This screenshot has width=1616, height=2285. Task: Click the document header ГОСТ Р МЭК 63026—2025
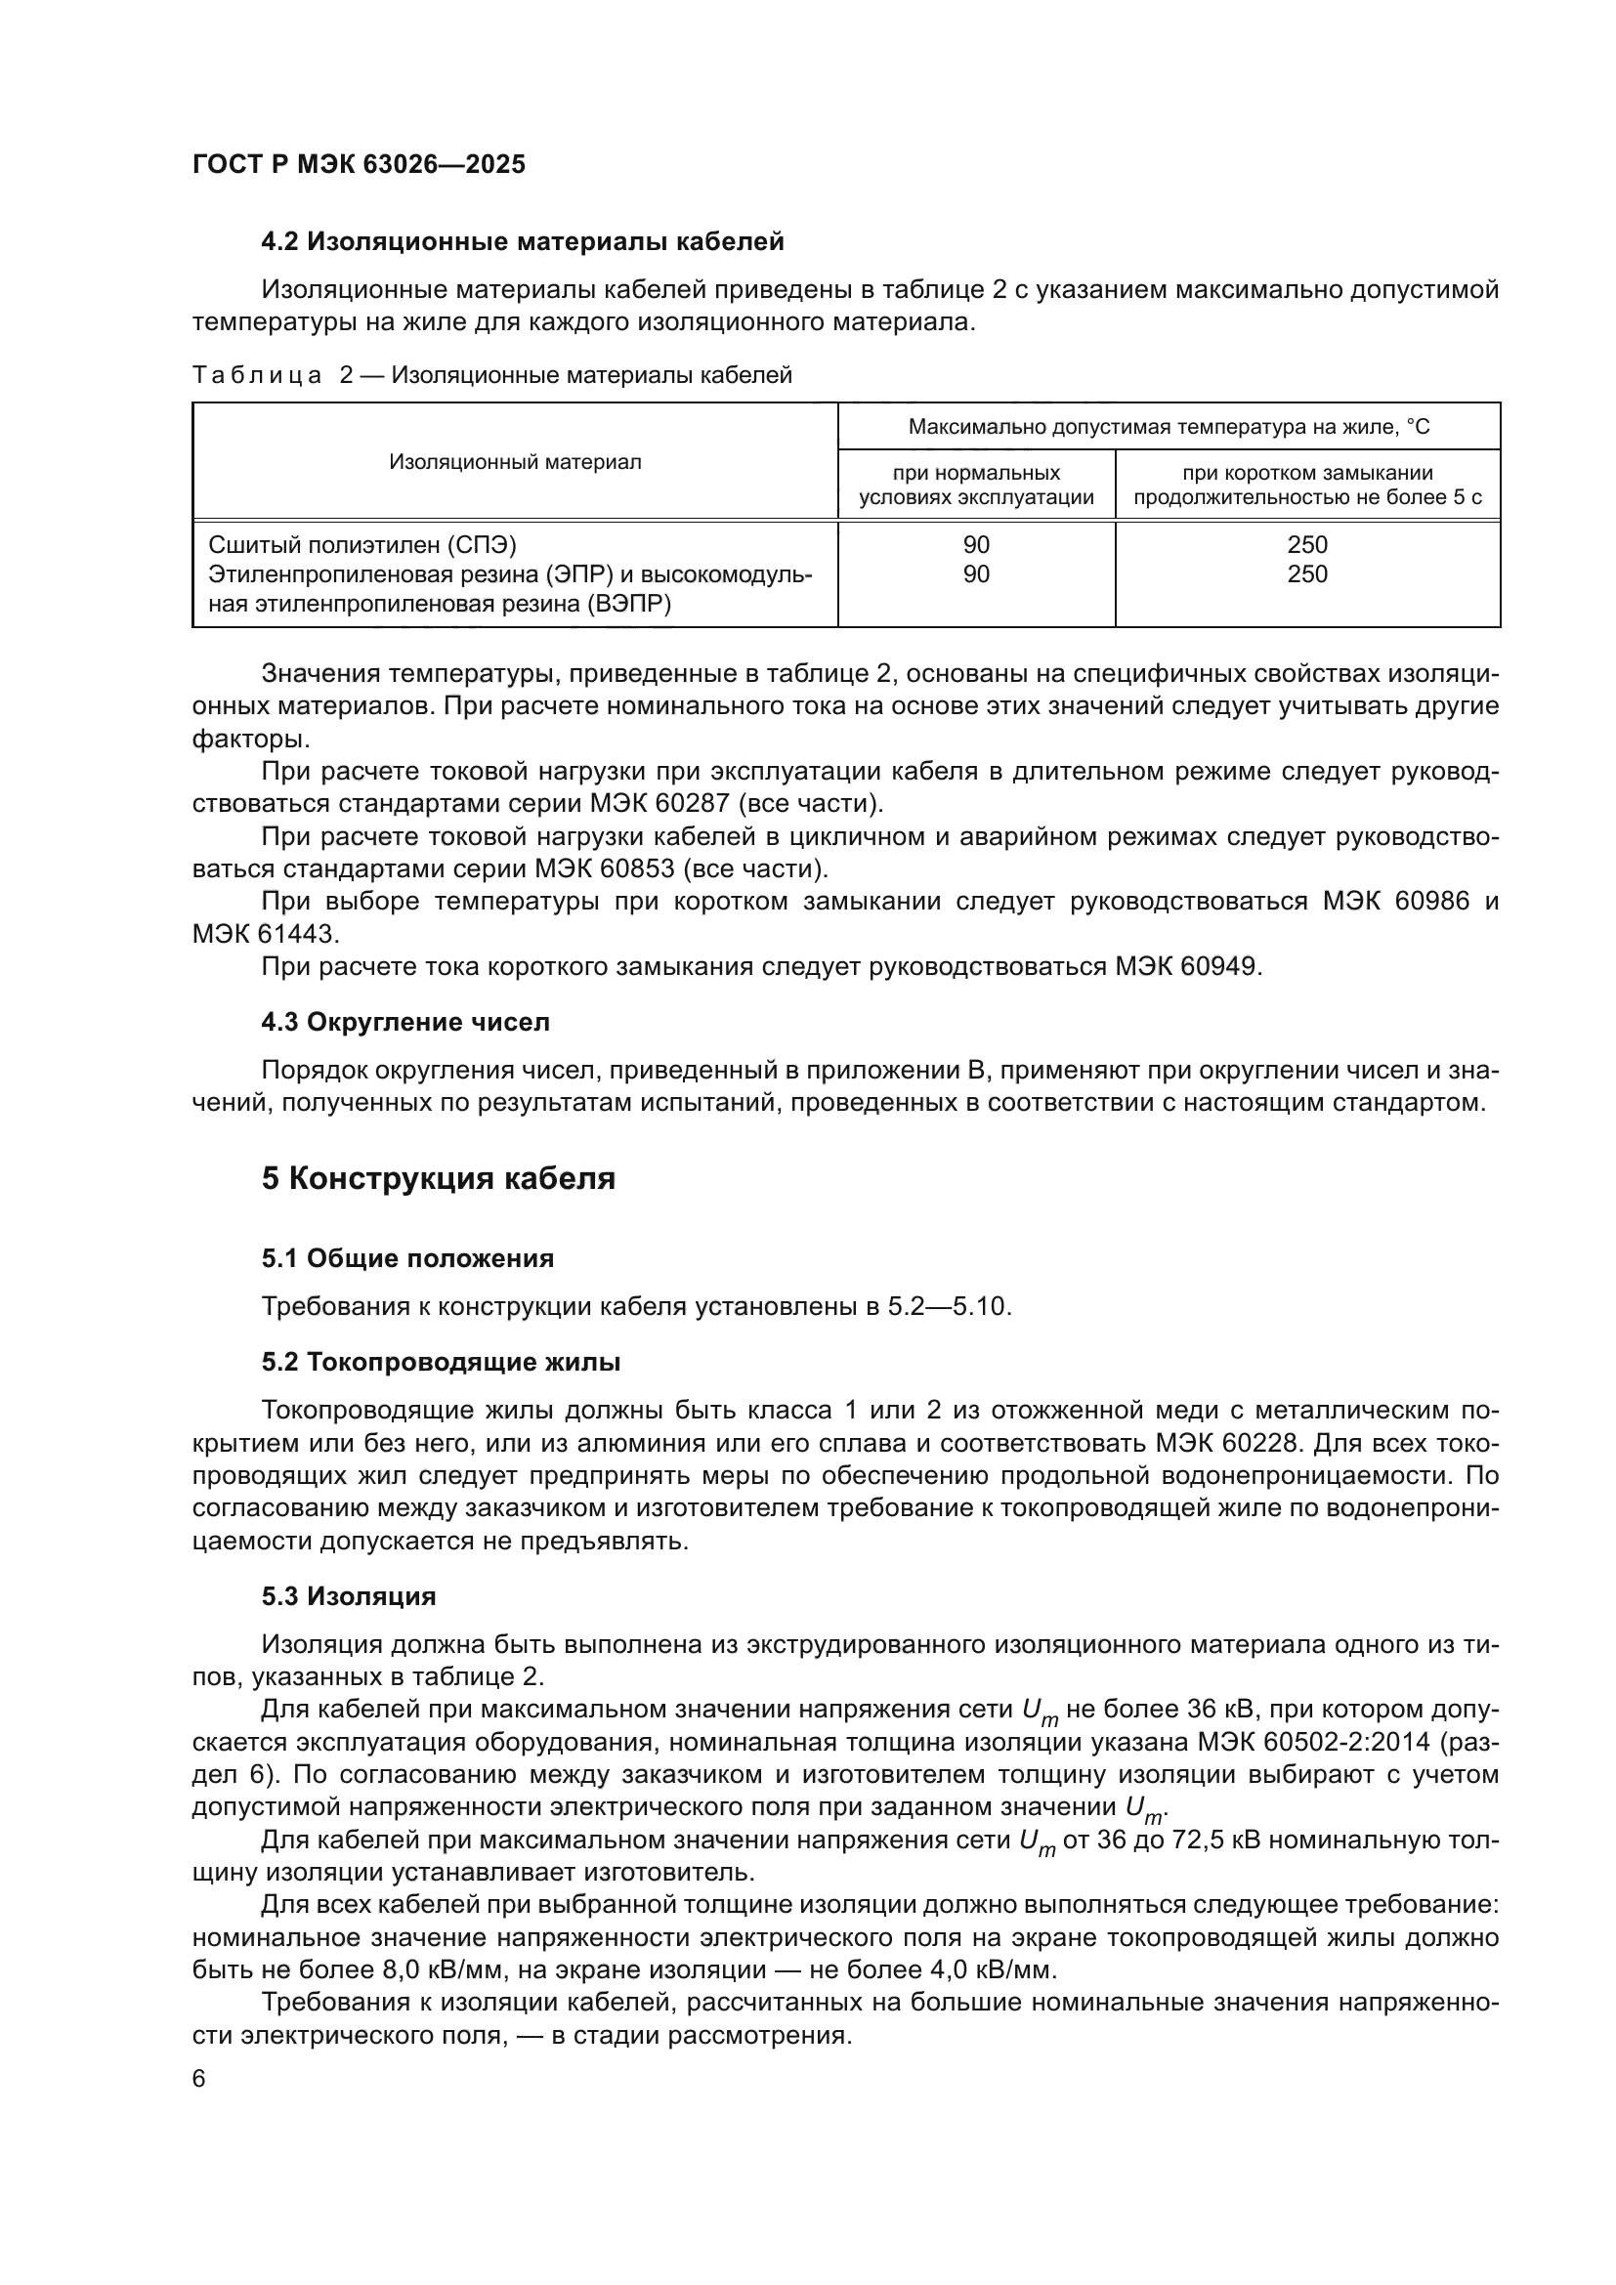pos(359,164)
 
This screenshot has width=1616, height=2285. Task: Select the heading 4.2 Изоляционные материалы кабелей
pos(523,242)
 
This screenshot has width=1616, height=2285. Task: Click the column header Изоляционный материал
pos(515,462)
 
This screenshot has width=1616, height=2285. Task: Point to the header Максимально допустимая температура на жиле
pos(1169,427)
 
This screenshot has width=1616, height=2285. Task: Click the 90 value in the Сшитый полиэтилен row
pos(976,544)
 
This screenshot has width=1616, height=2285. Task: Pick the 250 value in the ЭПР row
pos(1306,574)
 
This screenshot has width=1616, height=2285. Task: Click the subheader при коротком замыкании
pos(1306,474)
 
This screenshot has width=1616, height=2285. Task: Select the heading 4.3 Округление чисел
pos(405,1022)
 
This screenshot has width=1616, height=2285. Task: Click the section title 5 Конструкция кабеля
pos(438,1178)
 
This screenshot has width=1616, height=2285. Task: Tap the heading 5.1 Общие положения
pos(407,1259)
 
